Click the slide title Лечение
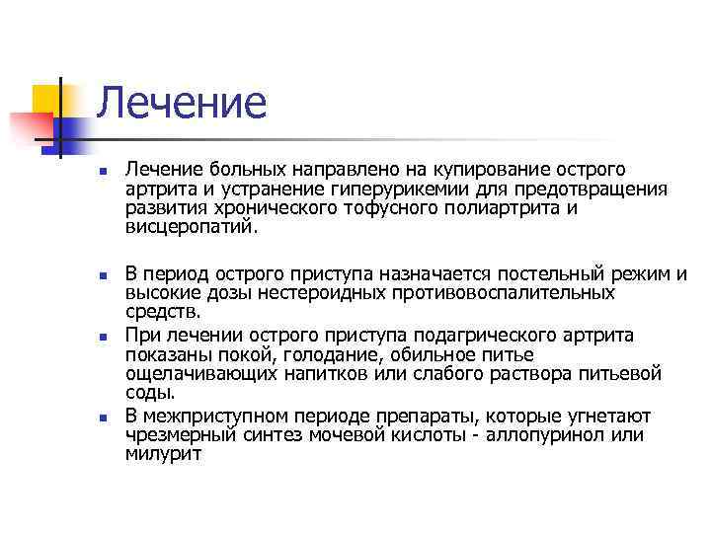click(x=183, y=103)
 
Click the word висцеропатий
click(x=192, y=226)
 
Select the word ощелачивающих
click(x=205, y=373)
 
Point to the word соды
click(x=145, y=392)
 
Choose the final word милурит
click(x=164, y=453)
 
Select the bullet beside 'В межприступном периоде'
click(x=102, y=417)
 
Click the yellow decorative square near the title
click(x=45, y=99)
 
